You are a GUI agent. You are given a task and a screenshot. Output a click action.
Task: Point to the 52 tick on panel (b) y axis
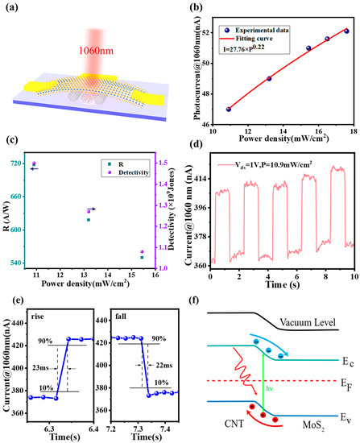click(x=217, y=31)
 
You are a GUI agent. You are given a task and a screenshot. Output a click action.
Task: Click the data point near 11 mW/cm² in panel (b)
click(x=228, y=109)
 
